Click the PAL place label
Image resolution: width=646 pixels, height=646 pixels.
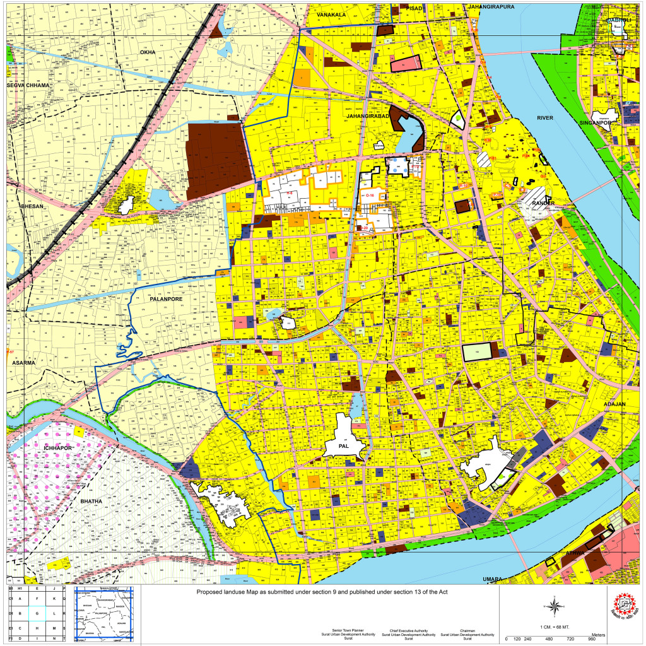tap(344, 447)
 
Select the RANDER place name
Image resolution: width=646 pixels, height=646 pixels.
tap(543, 203)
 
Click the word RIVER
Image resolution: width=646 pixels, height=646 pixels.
tap(544, 118)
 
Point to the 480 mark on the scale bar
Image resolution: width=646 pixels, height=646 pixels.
tap(549, 639)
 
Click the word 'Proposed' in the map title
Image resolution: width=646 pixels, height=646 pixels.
tap(211, 592)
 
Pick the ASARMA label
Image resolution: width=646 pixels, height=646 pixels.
tap(25, 363)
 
